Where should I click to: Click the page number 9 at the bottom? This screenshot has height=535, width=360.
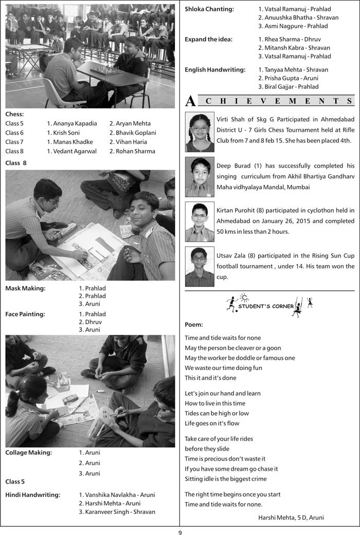(x=180, y=531)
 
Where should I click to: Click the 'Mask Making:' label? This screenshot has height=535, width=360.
(x=25, y=288)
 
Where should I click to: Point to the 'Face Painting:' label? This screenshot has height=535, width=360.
(x=25, y=314)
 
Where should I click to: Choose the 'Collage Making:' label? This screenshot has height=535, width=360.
(x=28, y=453)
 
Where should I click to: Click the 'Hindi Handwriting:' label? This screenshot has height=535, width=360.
(x=32, y=495)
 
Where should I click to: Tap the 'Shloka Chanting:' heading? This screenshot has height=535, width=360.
(x=209, y=9)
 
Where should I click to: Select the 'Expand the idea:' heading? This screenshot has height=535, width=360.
(x=208, y=39)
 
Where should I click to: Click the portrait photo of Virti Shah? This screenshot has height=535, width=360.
(x=200, y=132)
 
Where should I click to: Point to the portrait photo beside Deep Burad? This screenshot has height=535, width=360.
(x=200, y=177)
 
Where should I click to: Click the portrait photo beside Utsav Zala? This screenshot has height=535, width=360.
(x=200, y=267)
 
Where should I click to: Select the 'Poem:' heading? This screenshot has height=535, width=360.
(x=194, y=324)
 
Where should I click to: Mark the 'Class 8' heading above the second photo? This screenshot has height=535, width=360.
(x=16, y=163)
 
